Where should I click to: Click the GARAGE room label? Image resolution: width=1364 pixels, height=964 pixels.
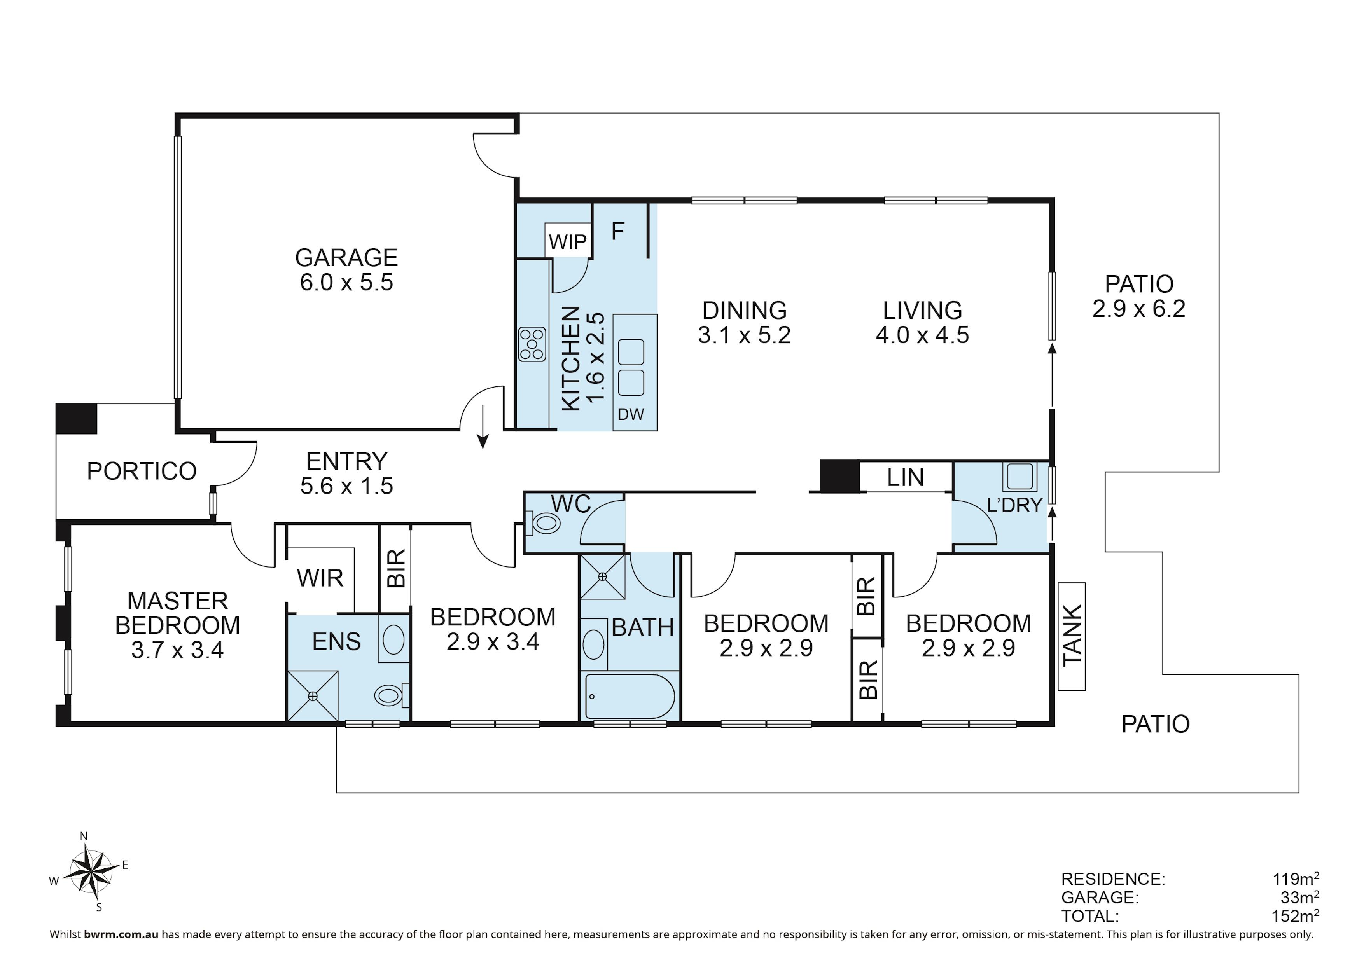[346, 257]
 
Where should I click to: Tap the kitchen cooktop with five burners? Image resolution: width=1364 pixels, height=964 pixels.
[532, 344]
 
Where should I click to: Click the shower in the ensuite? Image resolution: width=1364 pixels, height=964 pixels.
[313, 696]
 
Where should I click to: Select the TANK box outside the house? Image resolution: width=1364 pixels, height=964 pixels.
[1072, 636]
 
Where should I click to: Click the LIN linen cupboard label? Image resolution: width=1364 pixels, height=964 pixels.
[905, 478]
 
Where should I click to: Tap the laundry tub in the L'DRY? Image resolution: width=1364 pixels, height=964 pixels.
[1020, 476]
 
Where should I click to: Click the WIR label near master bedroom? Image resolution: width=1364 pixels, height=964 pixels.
[320, 578]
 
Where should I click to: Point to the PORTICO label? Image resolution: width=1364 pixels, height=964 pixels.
[142, 471]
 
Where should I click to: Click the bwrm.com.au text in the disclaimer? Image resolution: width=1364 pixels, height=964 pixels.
[121, 934]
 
